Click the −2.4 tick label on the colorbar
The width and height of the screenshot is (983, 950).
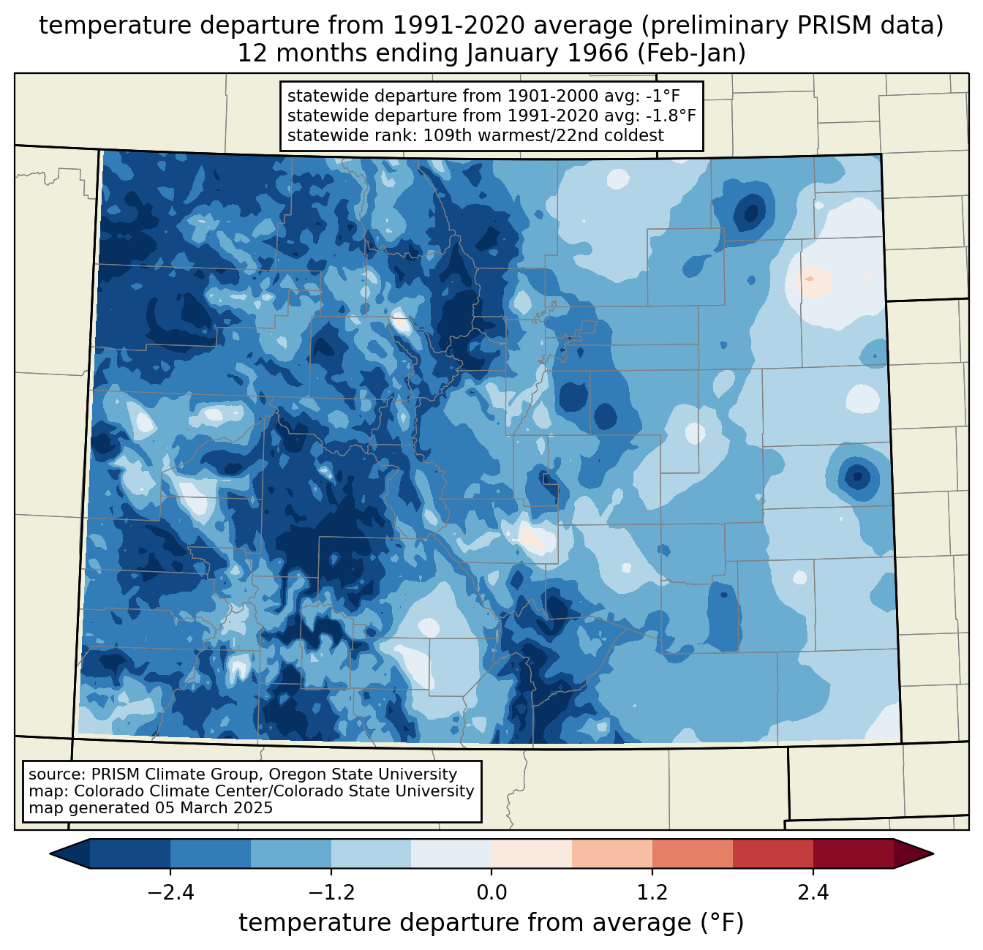pos(170,893)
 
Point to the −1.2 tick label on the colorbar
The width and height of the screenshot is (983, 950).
pos(331,893)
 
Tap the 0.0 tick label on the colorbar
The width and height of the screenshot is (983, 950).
pos(491,893)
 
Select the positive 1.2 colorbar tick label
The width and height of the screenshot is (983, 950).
pos(652,893)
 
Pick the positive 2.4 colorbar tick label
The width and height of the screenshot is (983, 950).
pos(813,893)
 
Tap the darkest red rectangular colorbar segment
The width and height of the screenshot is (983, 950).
pos(853,853)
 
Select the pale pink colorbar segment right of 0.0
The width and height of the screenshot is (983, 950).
pos(532,853)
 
